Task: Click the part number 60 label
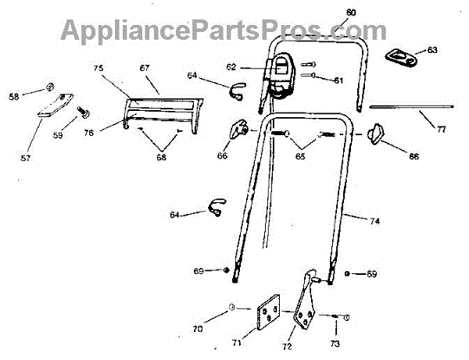coord(350,12)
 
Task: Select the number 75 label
coord(98,69)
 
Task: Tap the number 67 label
coord(145,69)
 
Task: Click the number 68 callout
coord(161,158)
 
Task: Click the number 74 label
coord(374,223)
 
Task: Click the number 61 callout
coord(338,80)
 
